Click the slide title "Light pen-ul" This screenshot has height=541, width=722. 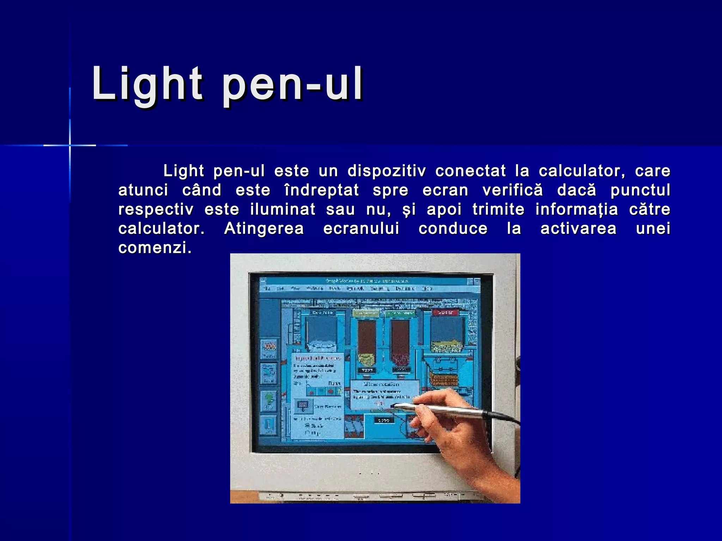[227, 85]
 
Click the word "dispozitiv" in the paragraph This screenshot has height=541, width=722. [386, 171]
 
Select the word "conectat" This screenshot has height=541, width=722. [470, 171]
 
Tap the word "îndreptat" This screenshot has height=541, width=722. [322, 191]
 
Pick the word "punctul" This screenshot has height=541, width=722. [640, 191]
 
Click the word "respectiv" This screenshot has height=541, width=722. [156, 210]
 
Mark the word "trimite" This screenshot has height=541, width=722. [498, 210]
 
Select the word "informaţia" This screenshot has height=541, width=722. [576, 210]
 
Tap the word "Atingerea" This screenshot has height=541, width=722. [264, 229]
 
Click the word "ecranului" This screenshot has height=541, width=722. [361, 229]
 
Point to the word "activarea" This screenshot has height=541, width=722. [578, 229]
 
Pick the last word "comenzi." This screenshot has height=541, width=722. [155, 248]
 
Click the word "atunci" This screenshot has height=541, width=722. [143, 191]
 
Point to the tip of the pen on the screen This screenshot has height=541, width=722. [393, 406]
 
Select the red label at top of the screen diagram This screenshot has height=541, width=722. [445, 312]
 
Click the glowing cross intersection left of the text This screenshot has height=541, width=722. [70, 145]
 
